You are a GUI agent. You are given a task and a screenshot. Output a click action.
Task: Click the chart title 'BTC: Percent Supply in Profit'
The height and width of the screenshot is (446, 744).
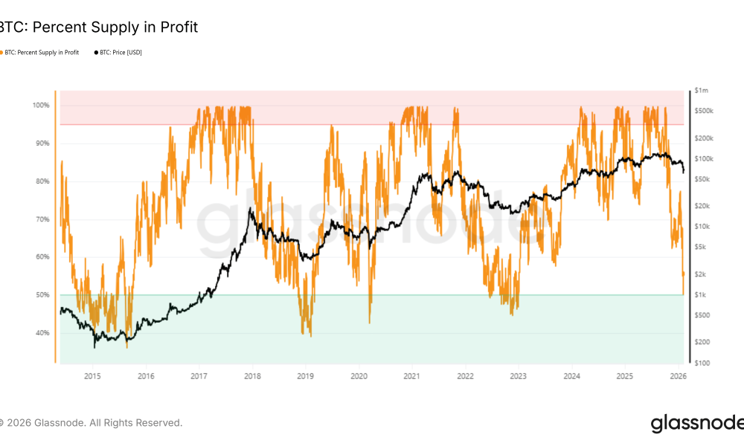click(x=98, y=28)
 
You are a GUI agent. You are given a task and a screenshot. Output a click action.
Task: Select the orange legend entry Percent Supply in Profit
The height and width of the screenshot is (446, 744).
click(x=42, y=53)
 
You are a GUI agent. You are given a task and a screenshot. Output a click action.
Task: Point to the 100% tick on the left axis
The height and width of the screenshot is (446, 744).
click(x=41, y=106)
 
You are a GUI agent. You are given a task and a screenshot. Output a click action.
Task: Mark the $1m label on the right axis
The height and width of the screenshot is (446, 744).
click(x=701, y=90)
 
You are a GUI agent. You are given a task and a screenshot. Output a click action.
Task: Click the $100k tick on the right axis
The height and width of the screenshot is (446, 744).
click(x=703, y=159)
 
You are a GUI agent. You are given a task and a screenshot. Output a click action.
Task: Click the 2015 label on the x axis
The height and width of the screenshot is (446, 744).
click(x=92, y=376)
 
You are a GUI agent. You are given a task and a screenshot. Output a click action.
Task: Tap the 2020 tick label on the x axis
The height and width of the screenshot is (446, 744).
click(x=359, y=376)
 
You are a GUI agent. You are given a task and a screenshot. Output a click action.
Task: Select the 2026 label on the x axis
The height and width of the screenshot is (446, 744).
click(x=678, y=376)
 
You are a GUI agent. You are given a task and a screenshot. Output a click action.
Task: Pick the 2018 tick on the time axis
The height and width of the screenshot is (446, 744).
click(x=252, y=376)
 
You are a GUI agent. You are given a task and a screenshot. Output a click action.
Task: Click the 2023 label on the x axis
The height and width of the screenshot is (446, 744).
click(x=519, y=376)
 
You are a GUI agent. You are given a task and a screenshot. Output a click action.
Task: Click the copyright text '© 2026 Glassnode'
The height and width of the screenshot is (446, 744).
click(x=89, y=423)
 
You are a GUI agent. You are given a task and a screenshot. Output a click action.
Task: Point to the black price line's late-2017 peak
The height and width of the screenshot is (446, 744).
click(x=251, y=209)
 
